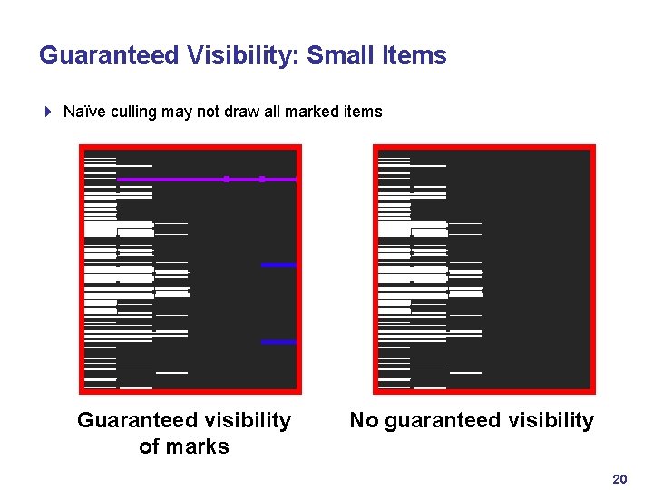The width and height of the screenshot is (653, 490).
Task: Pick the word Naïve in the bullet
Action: point(83,113)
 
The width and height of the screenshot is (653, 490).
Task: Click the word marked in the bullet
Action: point(315,113)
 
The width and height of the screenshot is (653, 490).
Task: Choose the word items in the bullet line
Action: point(364,113)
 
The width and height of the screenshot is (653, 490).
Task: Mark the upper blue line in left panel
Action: point(278,265)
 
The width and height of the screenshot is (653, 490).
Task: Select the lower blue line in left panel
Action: point(278,342)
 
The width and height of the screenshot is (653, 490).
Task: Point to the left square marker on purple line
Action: point(226,180)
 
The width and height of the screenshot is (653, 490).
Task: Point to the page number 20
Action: point(619,479)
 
